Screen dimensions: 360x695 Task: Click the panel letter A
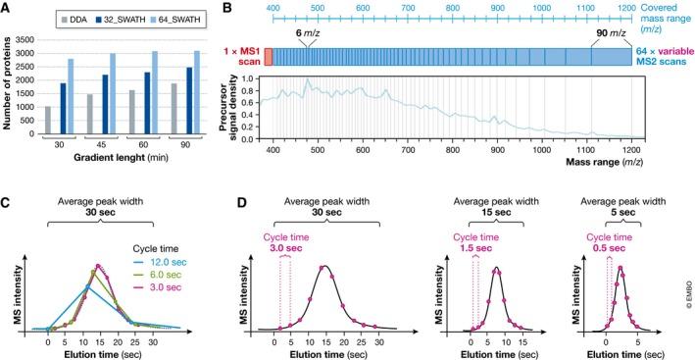[6, 8]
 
